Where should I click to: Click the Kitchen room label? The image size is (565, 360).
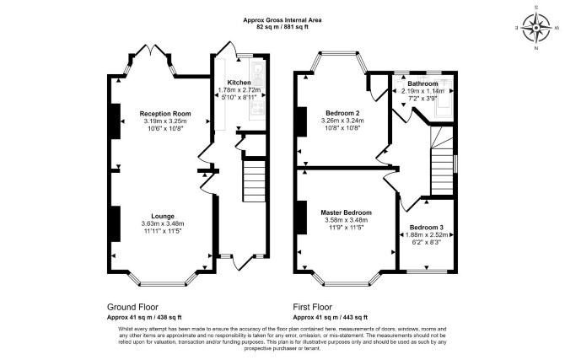click(239, 83)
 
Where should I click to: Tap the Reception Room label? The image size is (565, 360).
click(165, 114)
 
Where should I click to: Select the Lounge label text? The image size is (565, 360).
click(163, 216)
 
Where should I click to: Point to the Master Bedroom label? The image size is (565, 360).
click(346, 212)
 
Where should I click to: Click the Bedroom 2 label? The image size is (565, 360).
click(342, 112)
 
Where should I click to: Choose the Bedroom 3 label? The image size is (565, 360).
click(426, 228)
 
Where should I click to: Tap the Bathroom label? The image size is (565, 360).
click(422, 83)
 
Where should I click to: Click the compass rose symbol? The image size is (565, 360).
click(536, 28)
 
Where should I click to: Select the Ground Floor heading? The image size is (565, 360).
click(132, 307)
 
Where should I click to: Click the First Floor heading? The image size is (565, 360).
click(312, 307)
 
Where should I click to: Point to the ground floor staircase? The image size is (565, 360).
click(255, 181)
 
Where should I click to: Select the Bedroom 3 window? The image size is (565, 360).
click(426, 271)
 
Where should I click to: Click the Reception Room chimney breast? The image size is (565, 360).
click(116, 121)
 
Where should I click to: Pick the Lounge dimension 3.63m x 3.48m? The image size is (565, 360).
click(163, 223)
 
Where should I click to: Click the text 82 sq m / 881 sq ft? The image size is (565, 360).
click(282, 27)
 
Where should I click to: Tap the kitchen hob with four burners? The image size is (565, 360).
click(258, 107)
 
